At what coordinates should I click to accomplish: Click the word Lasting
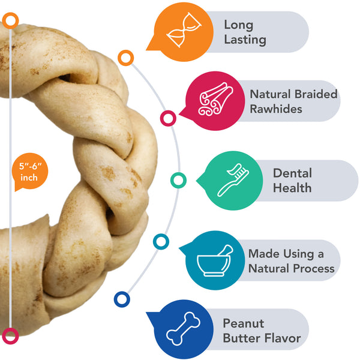(245, 40)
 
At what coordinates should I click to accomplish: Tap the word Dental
(292, 173)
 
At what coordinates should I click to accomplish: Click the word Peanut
(243, 323)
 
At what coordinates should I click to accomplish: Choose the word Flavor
(283, 338)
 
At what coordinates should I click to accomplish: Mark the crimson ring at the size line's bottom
(10, 335)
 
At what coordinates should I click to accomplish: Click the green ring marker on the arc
(178, 179)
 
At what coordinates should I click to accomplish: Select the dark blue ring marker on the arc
(122, 299)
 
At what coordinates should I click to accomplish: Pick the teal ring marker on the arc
(161, 242)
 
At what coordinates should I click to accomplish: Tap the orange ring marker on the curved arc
(125, 58)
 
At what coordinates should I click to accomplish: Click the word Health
(292, 188)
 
